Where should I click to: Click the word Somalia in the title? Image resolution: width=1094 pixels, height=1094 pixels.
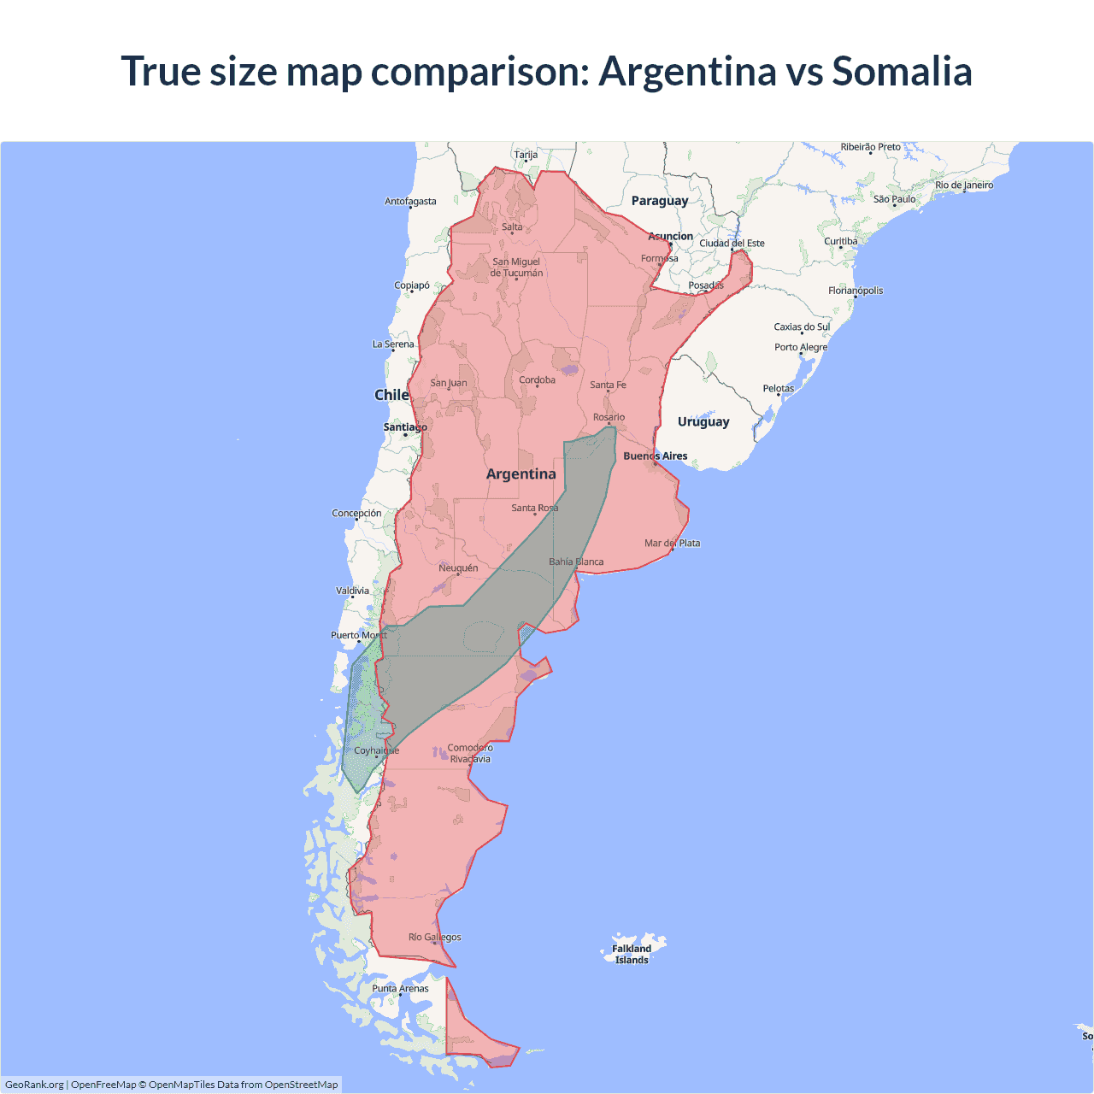click(902, 71)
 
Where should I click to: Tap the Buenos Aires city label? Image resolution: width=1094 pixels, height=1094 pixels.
click(655, 456)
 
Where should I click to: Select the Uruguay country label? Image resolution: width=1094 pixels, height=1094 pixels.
click(703, 421)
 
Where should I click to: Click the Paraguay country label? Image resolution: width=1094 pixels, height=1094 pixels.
click(659, 201)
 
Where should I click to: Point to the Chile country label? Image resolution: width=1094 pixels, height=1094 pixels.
click(391, 395)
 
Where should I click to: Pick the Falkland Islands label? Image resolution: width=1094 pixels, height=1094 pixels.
click(632, 954)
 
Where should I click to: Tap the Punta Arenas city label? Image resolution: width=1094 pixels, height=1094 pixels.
click(400, 989)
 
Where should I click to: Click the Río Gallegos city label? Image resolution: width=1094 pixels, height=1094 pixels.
click(434, 938)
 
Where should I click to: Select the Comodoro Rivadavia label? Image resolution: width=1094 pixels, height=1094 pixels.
click(470, 753)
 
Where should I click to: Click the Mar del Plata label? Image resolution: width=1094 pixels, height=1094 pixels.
click(672, 544)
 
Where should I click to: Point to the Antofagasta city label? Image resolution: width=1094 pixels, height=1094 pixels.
click(410, 202)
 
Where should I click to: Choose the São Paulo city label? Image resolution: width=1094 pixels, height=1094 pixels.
click(894, 199)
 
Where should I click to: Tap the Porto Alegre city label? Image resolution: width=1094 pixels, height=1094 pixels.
click(801, 347)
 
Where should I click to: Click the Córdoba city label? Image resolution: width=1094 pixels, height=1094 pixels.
click(537, 380)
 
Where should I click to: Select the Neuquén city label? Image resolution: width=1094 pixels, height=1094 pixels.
click(458, 568)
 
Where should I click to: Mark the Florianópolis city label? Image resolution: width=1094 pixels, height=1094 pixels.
click(856, 291)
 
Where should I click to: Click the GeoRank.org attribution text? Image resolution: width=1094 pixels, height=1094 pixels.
click(34, 1085)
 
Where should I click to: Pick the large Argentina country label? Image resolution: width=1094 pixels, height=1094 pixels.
click(521, 474)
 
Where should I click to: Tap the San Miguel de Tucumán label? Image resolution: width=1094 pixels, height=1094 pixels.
click(516, 268)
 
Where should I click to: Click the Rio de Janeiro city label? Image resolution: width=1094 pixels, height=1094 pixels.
click(964, 185)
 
